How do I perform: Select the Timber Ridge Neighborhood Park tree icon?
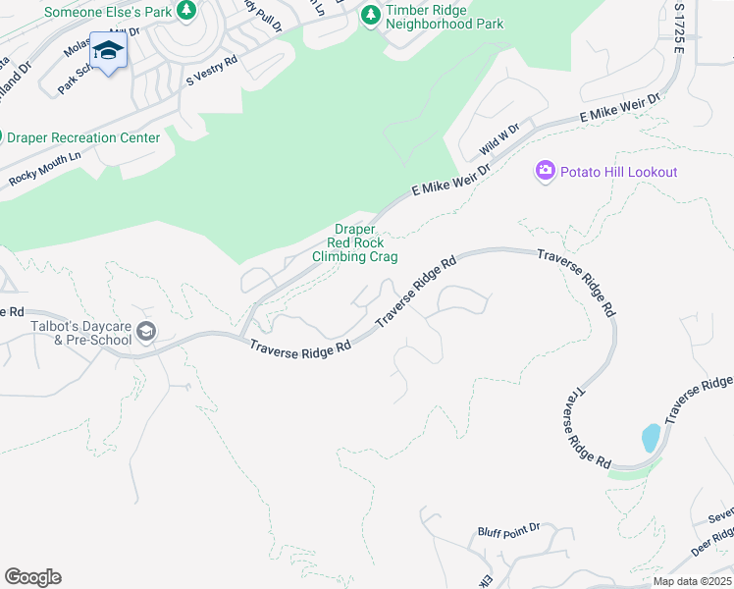coord(370,14)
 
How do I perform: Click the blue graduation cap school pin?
coord(108,51)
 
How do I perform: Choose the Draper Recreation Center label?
coord(82,137)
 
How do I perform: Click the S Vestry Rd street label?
coord(212,72)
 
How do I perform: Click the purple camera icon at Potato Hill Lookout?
coord(545,172)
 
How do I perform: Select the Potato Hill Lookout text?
coord(618,173)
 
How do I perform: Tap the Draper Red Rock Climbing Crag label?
coord(354,242)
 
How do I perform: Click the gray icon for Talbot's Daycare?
coord(146,332)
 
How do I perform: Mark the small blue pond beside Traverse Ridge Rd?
coord(650,438)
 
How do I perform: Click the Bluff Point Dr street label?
coord(508,529)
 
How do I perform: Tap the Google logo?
coord(32,577)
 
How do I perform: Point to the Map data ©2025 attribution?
coord(692,580)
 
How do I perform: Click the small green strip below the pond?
coord(627,473)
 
